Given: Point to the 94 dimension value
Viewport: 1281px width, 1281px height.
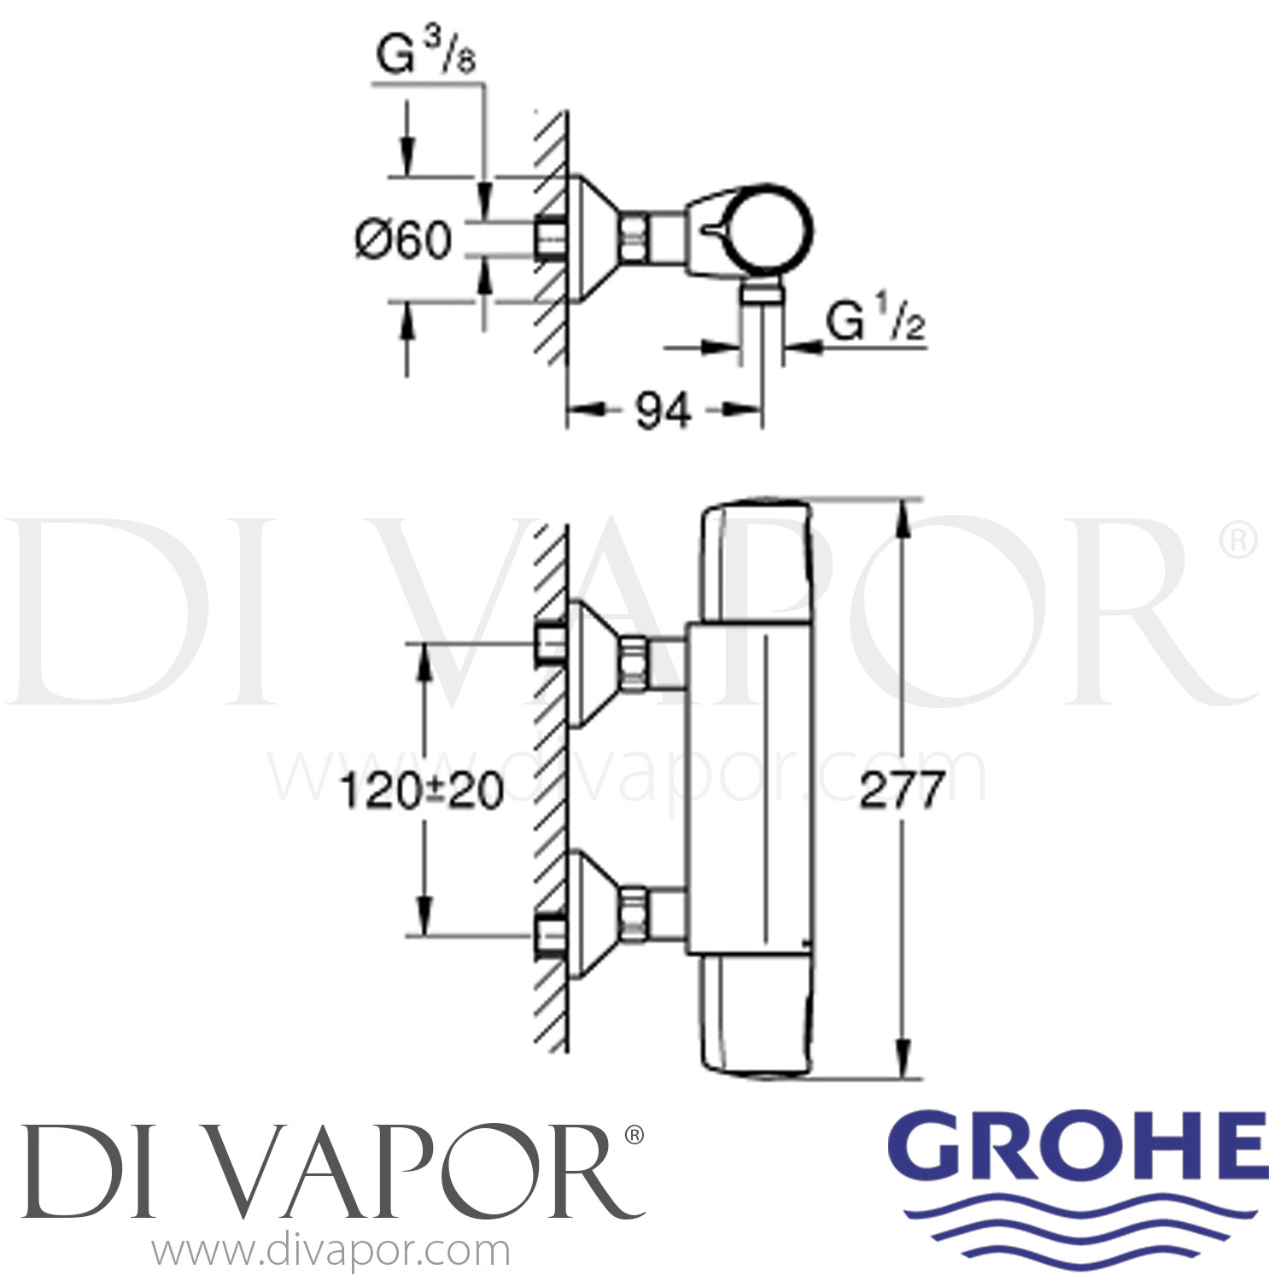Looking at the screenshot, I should coord(664,412).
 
